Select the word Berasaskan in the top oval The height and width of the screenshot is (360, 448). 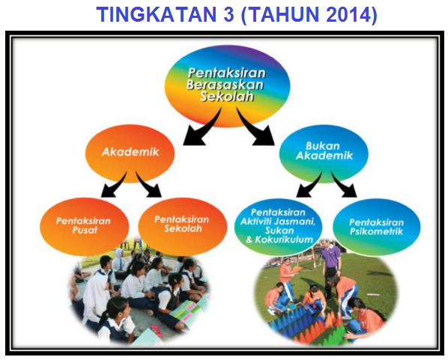tap(225, 85)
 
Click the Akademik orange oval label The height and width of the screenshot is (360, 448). tap(130, 153)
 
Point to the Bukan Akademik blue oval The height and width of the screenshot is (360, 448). tap(324, 153)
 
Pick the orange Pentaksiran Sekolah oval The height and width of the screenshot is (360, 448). tap(182, 226)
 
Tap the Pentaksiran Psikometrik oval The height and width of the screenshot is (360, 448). tap(376, 227)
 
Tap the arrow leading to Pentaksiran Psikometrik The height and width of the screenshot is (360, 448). tap(343, 185)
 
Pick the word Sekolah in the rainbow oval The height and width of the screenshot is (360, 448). tap(226, 97)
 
